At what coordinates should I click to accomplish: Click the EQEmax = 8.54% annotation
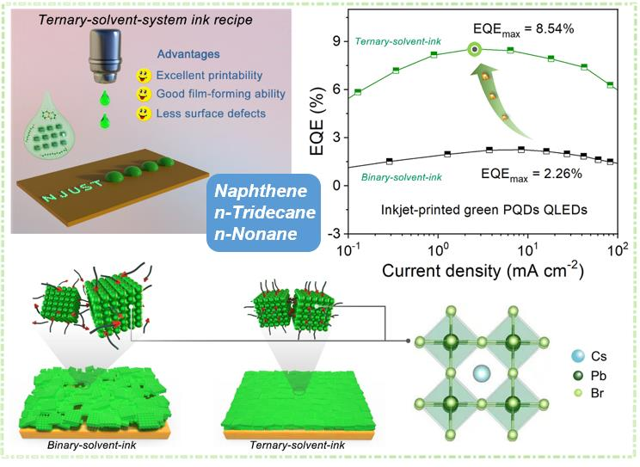tap(524, 30)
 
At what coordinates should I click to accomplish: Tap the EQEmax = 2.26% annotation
tap(532, 175)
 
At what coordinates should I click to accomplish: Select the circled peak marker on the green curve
tap(474, 49)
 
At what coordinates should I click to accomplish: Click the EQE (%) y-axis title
tap(317, 121)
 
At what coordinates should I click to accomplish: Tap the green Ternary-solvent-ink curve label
tap(398, 41)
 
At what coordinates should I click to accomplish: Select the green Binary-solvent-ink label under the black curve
tap(402, 177)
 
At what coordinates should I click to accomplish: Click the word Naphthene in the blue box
tap(261, 191)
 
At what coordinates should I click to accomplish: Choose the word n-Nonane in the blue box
tap(255, 234)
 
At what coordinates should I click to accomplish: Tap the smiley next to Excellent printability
tap(143, 75)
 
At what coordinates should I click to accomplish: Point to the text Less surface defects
tap(211, 114)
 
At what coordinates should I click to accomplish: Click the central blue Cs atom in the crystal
tap(481, 373)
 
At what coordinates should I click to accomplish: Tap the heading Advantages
tap(188, 54)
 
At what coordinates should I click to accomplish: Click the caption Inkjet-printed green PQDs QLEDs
tap(484, 210)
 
